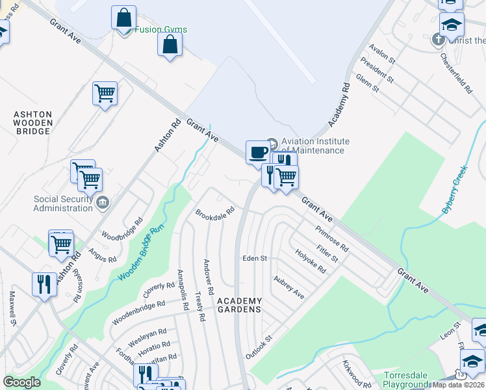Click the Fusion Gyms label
click(160, 29)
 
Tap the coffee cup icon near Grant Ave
click(258, 152)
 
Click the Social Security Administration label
click(64, 203)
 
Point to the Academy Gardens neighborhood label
click(239, 305)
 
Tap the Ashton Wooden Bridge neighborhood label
click(32, 122)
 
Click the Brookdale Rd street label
click(214, 214)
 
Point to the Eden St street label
click(255, 258)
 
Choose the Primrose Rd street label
click(332, 239)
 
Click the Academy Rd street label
click(339, 105)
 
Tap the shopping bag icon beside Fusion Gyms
click(123, 18)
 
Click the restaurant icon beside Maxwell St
click(44, 284)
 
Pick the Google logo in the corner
click(21, 382)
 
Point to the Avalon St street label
click(382, 54)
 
